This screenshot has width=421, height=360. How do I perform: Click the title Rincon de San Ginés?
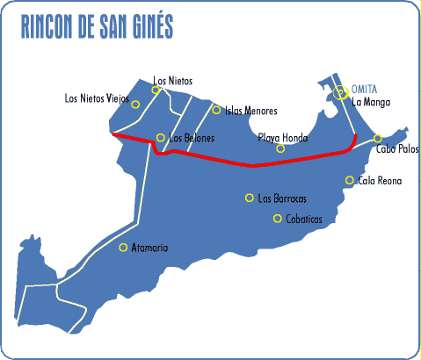[97, 27]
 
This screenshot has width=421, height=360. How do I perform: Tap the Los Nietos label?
[172, 81]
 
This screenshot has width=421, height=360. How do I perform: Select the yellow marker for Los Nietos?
[156, 90]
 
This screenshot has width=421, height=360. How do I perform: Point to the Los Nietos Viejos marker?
[135, 104]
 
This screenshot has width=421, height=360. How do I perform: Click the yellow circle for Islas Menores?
[216, 110]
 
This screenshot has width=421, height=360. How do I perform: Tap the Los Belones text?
[192, 139]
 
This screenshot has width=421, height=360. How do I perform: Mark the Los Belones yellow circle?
[160, 137]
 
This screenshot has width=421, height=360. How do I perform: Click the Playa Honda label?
[282, 138]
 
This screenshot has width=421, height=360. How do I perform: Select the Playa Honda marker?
[280, 148]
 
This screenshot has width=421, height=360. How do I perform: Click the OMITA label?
[364, 90]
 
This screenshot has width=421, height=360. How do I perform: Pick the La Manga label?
[369, 102]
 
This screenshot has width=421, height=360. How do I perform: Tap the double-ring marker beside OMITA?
[341, 92]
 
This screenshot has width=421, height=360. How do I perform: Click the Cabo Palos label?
[396, 149]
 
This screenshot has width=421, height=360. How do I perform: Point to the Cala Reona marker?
[350, 180]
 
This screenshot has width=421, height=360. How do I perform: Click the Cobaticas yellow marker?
[278, 219]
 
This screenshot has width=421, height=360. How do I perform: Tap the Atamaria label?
[149, 248]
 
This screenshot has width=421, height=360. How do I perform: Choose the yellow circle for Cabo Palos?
[378, 139]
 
